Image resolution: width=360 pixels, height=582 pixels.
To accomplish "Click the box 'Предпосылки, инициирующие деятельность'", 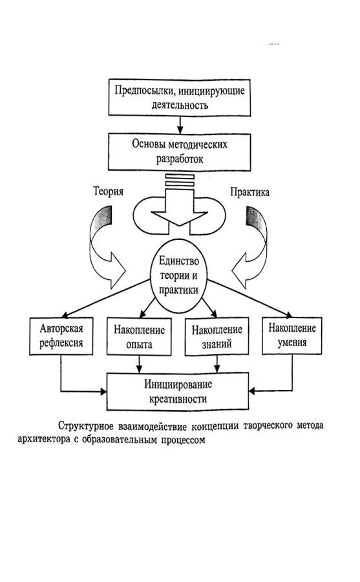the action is pos(180,97).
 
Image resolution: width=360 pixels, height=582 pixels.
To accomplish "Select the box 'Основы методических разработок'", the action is pos(180,152).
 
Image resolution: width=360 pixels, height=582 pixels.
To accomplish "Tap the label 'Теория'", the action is pos(108,191).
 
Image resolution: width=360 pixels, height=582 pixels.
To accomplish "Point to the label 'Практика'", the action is pos(249,192).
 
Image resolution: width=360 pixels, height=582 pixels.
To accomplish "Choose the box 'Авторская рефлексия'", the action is pos(61,336).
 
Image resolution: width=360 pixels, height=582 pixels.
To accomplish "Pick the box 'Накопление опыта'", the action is pos(139,337).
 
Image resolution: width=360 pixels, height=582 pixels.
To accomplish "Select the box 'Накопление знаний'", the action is pos(217,337).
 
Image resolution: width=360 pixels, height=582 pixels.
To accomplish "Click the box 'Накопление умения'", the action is pos(292,336).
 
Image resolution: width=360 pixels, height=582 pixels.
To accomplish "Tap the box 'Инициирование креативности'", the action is pos(178,392).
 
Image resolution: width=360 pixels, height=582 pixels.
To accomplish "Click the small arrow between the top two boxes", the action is pos(180,125).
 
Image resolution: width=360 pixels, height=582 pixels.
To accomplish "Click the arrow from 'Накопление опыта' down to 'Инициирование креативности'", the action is pos(139,364).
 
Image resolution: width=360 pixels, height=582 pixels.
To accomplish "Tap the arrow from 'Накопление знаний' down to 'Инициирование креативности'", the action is pos(217,364).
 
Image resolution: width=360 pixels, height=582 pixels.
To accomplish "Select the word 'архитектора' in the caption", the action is pos(39,440).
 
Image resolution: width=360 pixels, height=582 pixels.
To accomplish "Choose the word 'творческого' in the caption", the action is pos(266,426).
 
